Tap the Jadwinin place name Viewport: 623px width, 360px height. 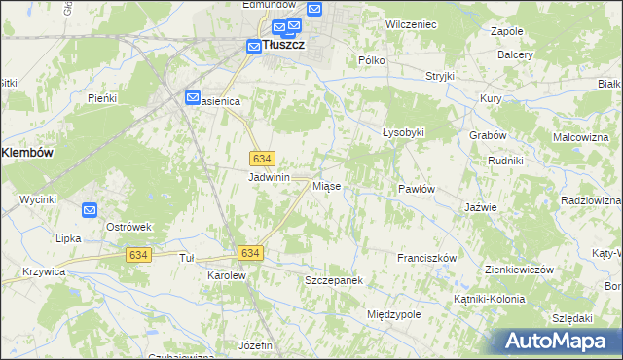[270, 177]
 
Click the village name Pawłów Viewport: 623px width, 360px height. [416, 188]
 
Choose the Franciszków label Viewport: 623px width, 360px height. [427, 258]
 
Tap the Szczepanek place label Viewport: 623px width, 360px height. [334, 280]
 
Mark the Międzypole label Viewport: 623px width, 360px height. [393, 315]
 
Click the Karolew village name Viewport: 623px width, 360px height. [227, 276]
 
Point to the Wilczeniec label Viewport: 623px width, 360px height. [410, 22]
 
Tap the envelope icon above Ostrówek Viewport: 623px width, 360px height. [90, 209]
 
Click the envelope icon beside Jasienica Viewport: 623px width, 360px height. [193, 97]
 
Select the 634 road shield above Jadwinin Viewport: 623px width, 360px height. [261, 158]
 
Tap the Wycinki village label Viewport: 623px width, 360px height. [38, 199]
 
